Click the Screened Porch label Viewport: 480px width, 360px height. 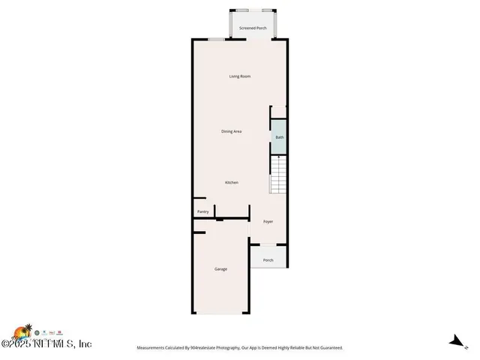253,28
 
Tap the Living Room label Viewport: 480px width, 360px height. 240,76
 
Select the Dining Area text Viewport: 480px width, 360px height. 231,131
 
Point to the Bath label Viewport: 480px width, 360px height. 279,137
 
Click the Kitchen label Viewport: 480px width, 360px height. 232,182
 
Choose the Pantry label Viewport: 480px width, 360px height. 202,212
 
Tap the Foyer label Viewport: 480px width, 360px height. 268,222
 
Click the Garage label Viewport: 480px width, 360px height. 220,268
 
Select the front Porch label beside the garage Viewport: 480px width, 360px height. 268,260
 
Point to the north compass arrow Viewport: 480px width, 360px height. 454,342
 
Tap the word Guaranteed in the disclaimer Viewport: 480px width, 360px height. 328,348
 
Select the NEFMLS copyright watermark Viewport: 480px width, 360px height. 46,344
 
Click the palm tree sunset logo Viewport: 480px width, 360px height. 22,331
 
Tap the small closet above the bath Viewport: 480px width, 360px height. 278,112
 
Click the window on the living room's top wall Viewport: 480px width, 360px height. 216,39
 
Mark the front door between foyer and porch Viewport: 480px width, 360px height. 268,244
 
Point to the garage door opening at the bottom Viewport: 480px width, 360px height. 220,313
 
